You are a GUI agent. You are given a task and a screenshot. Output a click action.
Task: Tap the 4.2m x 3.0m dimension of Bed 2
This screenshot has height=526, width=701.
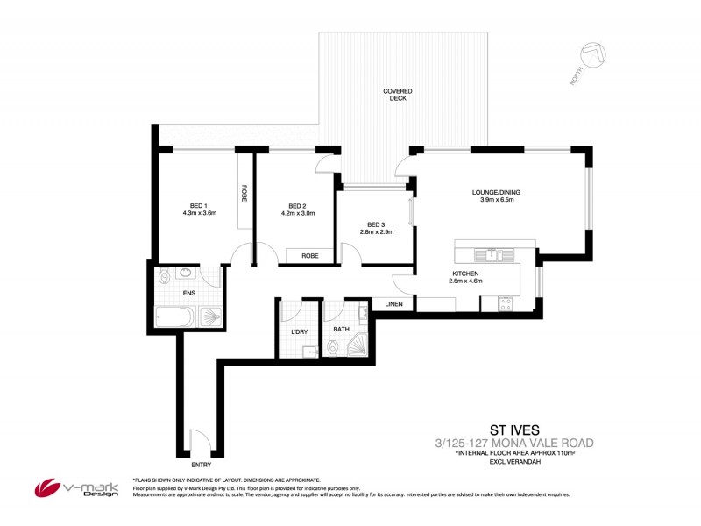click(296, 212)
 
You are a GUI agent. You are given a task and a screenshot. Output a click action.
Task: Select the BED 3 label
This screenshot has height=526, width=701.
click(377, 224)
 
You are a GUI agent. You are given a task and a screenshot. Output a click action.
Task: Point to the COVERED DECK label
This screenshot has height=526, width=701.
click(397, 95)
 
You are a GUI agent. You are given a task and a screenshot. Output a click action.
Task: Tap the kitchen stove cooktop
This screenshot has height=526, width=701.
click(506, 303)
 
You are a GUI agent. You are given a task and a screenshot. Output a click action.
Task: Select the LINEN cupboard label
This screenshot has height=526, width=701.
click(393, 304)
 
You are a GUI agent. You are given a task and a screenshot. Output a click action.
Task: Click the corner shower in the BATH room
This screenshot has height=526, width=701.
click(357, 348)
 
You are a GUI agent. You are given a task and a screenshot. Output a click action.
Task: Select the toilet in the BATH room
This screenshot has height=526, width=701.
click(330, 349)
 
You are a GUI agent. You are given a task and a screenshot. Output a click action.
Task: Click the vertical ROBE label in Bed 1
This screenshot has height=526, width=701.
click(244, 194)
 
